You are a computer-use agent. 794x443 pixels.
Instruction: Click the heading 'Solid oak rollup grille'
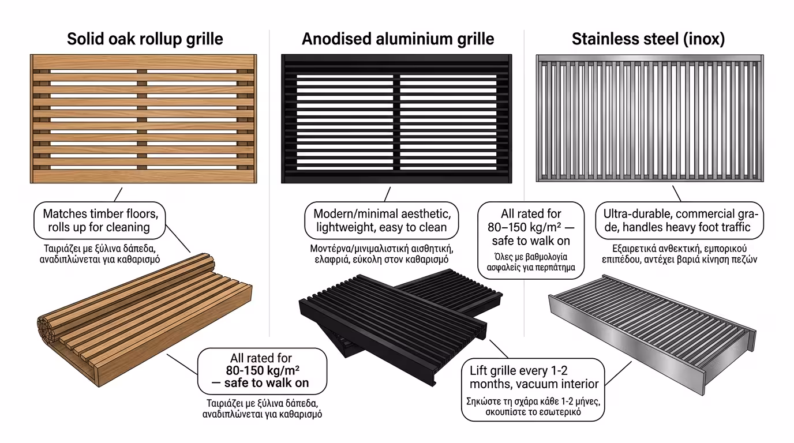(x=145, y=39)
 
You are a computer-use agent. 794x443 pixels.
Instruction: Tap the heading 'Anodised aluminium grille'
(x=398, y=39)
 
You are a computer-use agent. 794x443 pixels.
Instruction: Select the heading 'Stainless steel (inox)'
(x=648, y=39)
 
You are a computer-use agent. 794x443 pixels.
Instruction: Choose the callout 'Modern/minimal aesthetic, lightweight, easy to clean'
(x=381, y=220)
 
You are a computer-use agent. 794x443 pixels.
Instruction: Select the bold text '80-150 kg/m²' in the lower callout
(x=261, y=370)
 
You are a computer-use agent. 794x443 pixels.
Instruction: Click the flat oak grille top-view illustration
(x=144, y=119)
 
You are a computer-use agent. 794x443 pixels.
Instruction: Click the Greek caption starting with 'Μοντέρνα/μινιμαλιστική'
(x=381, y=249)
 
